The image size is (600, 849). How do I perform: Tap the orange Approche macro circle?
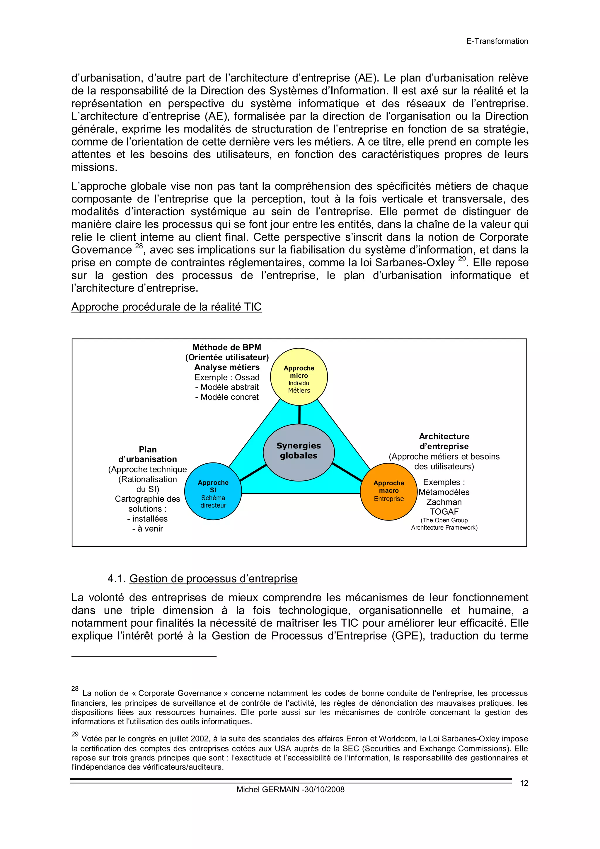[388, 491]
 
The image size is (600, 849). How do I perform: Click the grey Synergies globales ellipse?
[299, 452]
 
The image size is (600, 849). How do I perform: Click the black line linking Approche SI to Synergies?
[253, 473]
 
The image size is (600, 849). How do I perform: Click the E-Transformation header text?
[497, 41]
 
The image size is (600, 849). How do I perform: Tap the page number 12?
[524, 783]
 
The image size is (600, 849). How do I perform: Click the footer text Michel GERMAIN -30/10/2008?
[290, 790]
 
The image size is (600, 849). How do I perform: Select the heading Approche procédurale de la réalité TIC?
[166, 307]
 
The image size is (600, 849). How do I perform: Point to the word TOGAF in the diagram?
[444, 512]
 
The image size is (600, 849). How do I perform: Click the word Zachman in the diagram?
[444, 502]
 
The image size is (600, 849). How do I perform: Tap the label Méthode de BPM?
[227, 347]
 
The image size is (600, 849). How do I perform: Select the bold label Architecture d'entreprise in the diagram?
[444, 441]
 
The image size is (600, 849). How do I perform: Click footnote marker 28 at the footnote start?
[75, 688]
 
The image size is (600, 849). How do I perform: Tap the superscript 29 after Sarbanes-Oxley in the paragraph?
[462, 259]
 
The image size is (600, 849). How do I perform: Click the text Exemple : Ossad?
[227, 377]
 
